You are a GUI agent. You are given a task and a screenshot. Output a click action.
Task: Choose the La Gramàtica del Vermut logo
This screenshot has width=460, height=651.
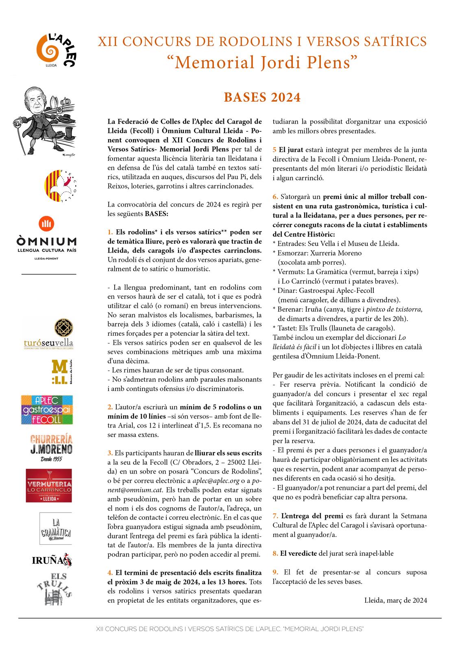click(56, 528)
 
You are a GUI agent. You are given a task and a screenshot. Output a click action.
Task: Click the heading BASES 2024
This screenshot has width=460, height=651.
click(262, 98)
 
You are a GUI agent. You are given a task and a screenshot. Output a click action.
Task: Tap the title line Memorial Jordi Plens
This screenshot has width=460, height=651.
click(262, 62)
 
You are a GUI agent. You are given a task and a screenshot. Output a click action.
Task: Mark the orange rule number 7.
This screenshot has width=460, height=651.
click(275, 516)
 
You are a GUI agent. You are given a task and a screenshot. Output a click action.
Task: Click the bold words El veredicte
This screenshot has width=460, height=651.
click(299, 553)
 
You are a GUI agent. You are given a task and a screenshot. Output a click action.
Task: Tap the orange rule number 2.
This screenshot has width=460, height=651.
click(110, 407)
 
